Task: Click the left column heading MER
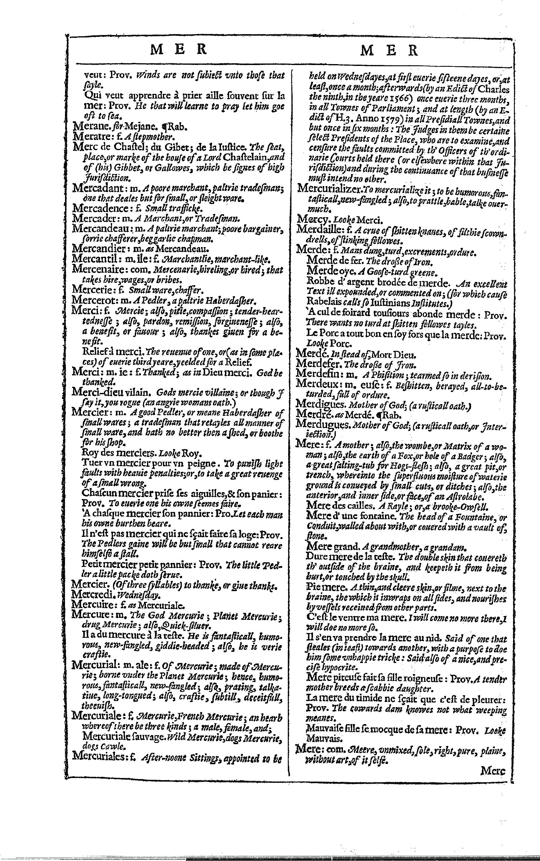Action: [179, 50]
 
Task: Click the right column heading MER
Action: [389, 50]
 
